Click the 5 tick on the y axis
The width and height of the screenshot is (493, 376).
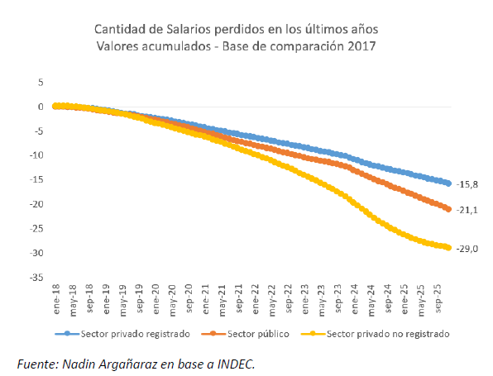tap(39, 82)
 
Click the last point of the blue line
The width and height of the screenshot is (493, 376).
tap(448, 183)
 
